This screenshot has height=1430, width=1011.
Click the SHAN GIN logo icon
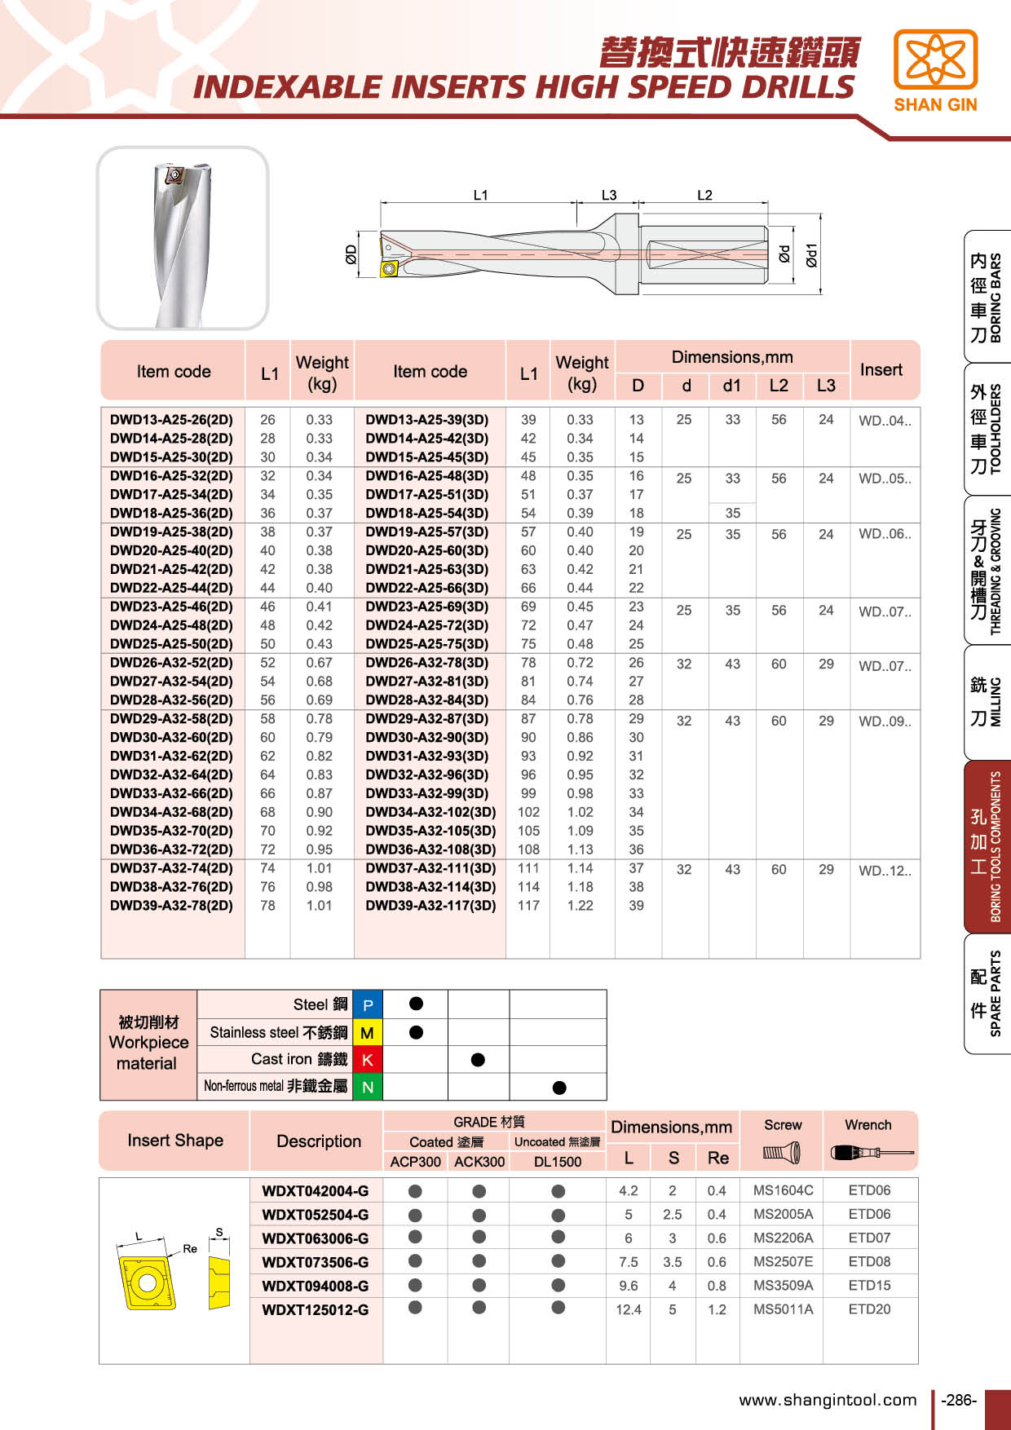click(x=935, y=60)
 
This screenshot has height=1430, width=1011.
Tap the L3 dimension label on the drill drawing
click(x=609, y=196)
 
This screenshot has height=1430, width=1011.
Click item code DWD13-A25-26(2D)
click(x=171, y=420)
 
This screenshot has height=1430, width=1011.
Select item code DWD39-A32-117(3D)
click(x=430, y=906)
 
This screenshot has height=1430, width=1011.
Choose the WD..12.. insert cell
click(x=885, y=871)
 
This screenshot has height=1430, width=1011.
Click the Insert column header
click(x=881, y=370)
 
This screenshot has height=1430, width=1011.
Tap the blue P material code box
click(x=368, y=1005)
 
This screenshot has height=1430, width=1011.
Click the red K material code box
click(x=368, y=1060)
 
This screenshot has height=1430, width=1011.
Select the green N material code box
click(x=368, y=1087)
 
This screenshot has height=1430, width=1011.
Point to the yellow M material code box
click(x=368, y=1033)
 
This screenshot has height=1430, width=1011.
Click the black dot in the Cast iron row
click(x=478, y=1060)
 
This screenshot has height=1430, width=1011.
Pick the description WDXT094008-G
click(x=315, y=1287)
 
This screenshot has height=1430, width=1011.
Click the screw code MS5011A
click(x=783, y=1309)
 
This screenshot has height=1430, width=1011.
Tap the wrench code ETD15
click(x=869, y=1286)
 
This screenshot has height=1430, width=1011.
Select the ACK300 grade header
click(x=479, y=1162)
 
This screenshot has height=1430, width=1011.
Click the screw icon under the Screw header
click(x=782, y=1153)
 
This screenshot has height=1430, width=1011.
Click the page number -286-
click(x=958, y=1401)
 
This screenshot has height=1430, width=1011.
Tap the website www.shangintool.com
click(x=828, y=1401)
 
